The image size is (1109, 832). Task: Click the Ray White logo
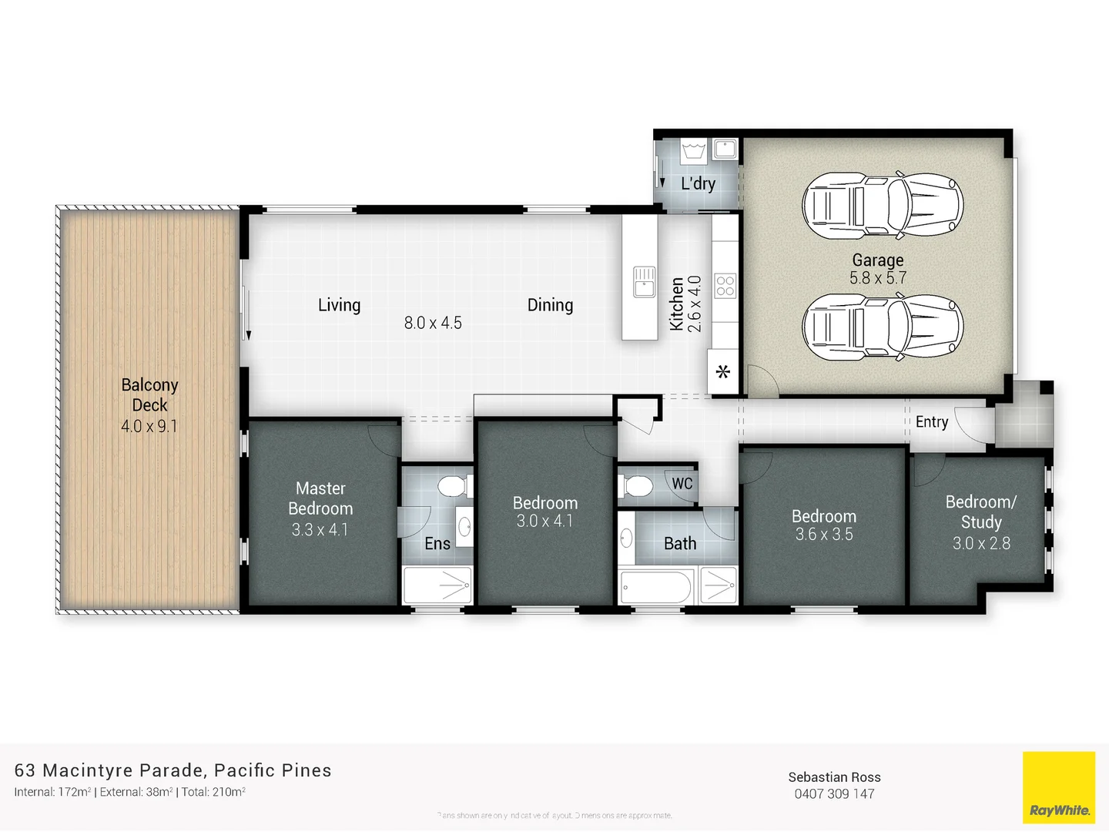(1059, 787)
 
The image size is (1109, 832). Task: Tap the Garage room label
(877, 260)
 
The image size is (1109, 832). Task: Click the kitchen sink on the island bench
(644, 281)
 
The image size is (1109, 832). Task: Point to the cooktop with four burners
(725, 286)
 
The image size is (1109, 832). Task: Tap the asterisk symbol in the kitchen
(723, 373)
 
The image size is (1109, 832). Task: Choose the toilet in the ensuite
(451, 486)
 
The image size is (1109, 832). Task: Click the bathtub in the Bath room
(656, 588)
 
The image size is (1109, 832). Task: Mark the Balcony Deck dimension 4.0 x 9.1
(149, 426)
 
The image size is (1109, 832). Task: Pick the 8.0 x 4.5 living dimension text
(433, 323)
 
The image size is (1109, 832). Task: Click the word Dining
(550, 305)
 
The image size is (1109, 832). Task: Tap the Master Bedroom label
(320, 498)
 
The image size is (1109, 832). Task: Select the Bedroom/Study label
(980, 512)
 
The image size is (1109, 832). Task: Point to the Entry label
(931, 422)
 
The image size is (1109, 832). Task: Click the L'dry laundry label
(698, 184)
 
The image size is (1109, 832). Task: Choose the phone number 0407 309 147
(834, 794)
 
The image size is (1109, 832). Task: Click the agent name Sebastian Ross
(834, 777)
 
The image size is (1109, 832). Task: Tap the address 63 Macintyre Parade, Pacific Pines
(173, 770)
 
